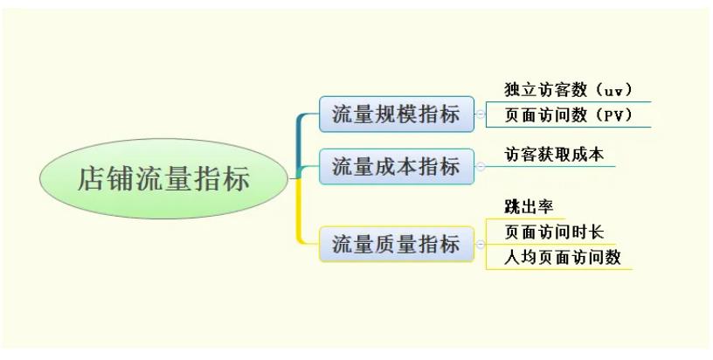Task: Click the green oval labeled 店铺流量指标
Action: (164, 178)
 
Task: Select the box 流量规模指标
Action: (397, 114)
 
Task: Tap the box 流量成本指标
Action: (397, 166)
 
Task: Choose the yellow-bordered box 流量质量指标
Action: (397, 244)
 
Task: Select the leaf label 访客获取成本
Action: (554, 155)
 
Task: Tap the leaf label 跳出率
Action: (529, 207)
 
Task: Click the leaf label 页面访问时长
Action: (554, 232)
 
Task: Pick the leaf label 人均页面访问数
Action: (563, 257)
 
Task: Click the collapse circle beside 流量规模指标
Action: (481, 114)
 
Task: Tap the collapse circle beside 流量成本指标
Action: (481, 166)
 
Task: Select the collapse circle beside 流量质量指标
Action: (481, 244)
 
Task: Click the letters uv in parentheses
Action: (613, 91)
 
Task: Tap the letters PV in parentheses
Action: (613, 115)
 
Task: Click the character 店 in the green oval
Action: (92, 178)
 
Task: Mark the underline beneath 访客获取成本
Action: (550, 166)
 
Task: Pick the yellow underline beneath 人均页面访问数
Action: (559, 269)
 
